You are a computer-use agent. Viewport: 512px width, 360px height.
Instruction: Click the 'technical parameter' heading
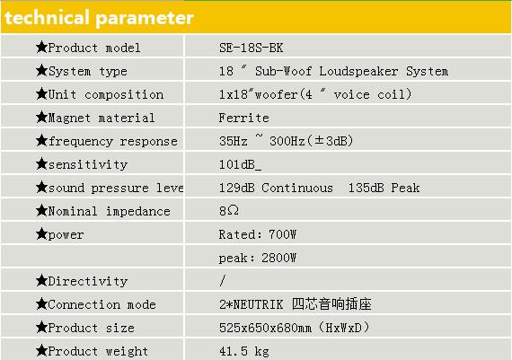[x=100, y=18]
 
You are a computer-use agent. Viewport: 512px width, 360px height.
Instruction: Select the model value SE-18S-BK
[x=251, y=48]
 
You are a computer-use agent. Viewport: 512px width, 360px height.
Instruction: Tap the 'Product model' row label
[x=94, y=48]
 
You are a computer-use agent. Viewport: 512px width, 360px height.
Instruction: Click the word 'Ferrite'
[x=244, y=118]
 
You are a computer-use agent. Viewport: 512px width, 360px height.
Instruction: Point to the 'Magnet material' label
[x=102, y=118]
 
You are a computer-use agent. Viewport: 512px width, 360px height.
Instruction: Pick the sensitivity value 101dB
[x=237, y=164]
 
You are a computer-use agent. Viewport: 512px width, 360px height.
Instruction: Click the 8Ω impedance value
[x=229, y=211]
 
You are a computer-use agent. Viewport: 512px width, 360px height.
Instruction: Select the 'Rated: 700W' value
[x=258, y=234]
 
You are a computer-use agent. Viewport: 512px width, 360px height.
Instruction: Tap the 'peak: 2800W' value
[x=258, y=258]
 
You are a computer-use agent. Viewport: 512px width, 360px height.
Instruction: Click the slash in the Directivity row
[x=223, y=280]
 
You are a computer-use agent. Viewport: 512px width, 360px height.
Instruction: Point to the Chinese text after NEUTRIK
[x=331, y=304]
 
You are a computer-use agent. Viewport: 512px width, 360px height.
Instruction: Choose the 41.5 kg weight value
[x=244, y=351]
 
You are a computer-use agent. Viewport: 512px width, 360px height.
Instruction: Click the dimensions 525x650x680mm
[x=265, y=328]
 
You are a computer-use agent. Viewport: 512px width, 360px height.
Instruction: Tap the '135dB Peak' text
[x=384, y=188]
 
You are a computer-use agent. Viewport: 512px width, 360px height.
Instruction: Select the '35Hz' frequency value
[x=234, y=141]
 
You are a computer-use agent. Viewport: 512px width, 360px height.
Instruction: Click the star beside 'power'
[x=42, y=233]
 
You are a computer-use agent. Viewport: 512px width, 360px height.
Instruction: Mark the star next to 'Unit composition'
[x=42, y=93]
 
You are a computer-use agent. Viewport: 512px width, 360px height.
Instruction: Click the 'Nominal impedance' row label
[x=109, y=211]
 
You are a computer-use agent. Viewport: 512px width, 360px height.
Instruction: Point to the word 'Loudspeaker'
[x=358, y=71]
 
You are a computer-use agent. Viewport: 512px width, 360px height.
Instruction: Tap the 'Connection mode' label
[x=102, y=304]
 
